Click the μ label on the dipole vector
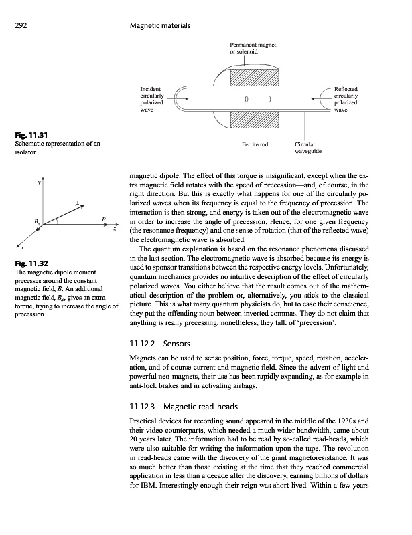pyautogui.click(x=77, y=201)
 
